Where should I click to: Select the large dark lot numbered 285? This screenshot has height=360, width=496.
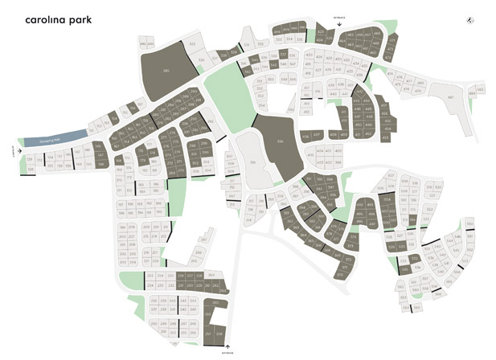pyautogui.click(x=166, y=71)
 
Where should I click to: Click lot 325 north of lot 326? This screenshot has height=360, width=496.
pyautogui.click(x=192, y=43)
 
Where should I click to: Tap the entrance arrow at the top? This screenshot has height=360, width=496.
pyautogui.click(x=339, y=24)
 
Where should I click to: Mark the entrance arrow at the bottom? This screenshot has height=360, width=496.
pyautogui.click(x=228, y=347)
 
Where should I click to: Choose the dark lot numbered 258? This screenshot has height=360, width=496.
pyautogui.click(x=219, y=333)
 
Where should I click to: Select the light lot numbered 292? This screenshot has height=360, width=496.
pyautogui.click(x=211, y=125)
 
